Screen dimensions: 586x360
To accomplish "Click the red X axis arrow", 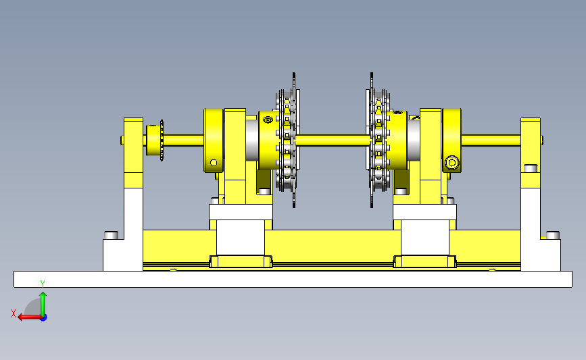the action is pyautogui.click(x=30, y=317).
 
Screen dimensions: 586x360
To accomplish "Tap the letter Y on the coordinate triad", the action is pyautogui.click(x=43, y=284).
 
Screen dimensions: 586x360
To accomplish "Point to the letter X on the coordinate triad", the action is pyautogui.click(x=14, y=313).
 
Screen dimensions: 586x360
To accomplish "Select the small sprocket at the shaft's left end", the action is pyautogui.click(x=155, y=140).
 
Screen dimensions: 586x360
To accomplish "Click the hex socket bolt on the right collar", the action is pyautogui.click(x=451, y=163).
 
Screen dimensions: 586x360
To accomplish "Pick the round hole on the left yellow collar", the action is pyautogui.click(x=214, y=163).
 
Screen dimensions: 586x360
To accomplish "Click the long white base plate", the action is pyautogui.click(x=293, y=280).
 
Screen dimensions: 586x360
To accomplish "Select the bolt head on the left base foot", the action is pyautogui.click(x=111, y=235).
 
